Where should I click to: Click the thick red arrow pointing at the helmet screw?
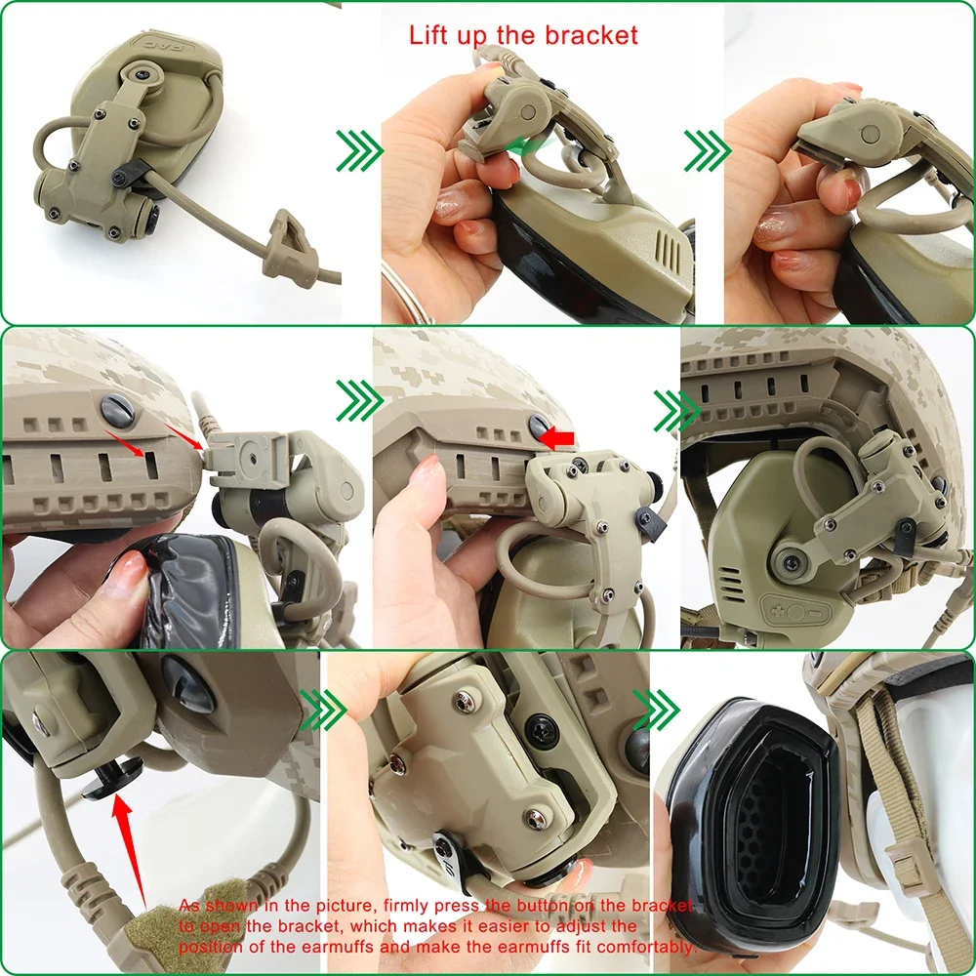pyautogui.click(x=557, y=439)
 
